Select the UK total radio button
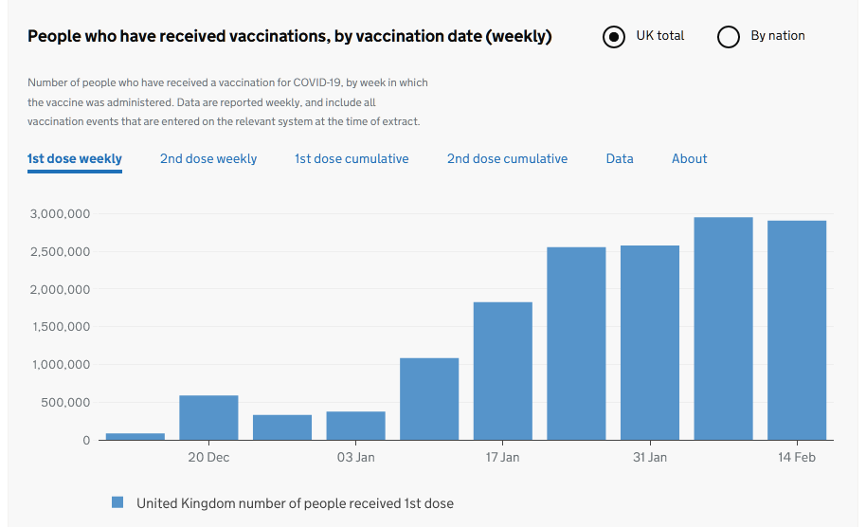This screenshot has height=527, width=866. coord(614,37)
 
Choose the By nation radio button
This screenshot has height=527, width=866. coord(729,37)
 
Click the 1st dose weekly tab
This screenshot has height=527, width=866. coord(75,158)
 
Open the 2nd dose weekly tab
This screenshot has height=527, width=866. coord(208,158)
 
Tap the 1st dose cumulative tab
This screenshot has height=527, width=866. coord(352,158)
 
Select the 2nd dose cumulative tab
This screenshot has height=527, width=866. coord(507,158)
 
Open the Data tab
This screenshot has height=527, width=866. coord(620,158)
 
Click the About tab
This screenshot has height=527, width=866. coord(690,158)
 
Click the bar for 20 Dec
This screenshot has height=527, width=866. coord(208,418)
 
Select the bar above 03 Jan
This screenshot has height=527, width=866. coord(355,426)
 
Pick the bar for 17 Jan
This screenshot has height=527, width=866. coord(502,371)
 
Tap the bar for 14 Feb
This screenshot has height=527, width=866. coord(797,330)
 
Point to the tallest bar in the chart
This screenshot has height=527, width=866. coord(723,328)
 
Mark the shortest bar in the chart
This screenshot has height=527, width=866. coord(135,437)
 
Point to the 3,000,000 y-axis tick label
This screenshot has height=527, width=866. coord(59,214)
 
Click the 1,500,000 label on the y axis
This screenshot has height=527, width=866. coord(59,327)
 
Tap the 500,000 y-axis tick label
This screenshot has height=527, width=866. coord(65,403)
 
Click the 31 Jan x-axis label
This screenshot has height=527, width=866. coord(650,458)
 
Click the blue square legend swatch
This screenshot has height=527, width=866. coord(117,502)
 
